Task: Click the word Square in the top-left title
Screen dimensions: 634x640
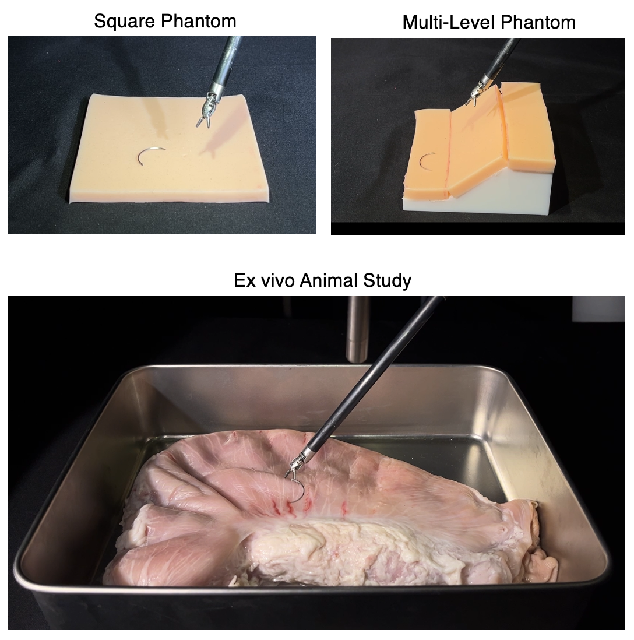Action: (x=121, y=21)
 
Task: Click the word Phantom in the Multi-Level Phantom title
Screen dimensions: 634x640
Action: (x=538, y=22)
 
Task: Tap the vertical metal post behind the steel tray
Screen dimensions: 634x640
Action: (x=357, y=329)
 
